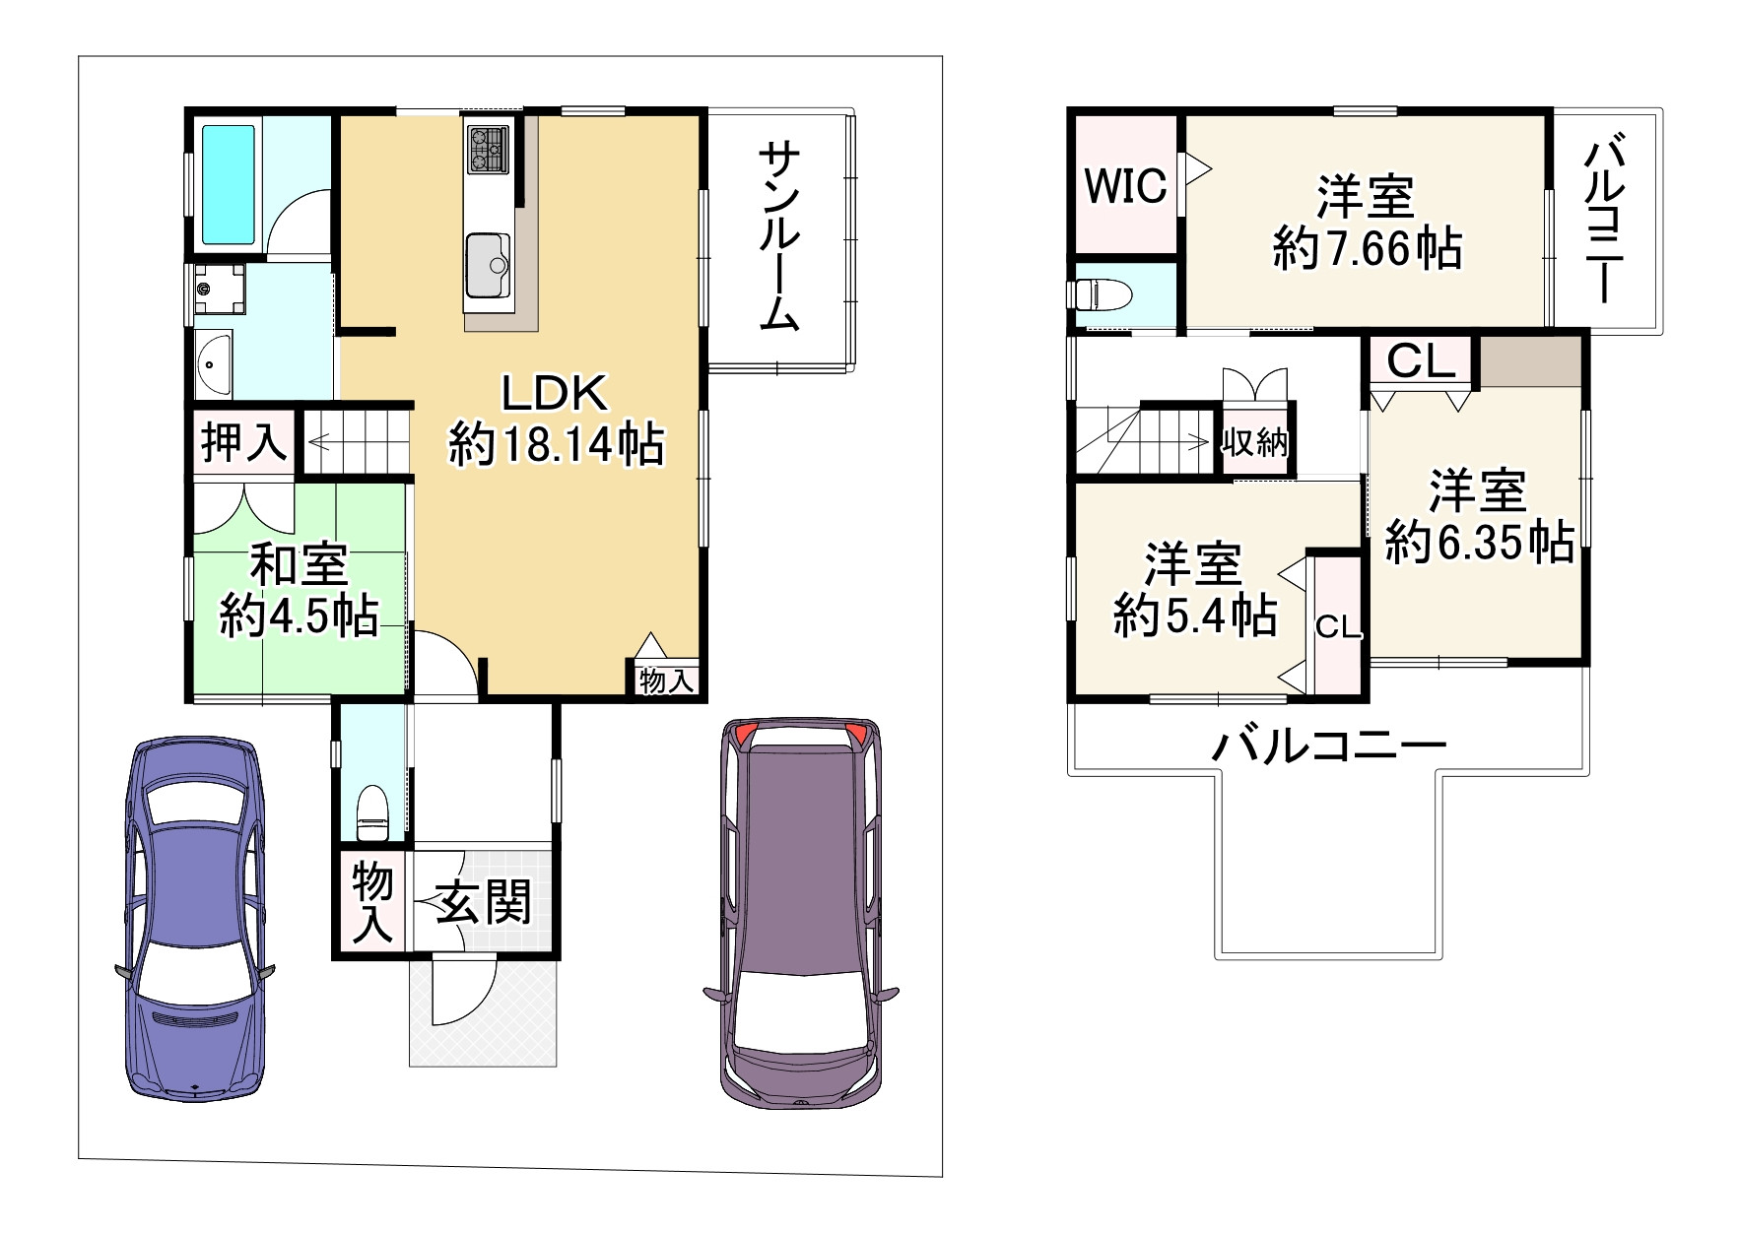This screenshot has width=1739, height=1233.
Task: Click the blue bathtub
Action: [229, 184]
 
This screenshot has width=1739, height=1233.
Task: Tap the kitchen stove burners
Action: [488, 150]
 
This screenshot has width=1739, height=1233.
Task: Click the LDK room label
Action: [555, 394]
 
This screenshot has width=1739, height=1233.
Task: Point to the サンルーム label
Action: [780, 235]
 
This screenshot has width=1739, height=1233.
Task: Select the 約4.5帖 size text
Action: [299, 616]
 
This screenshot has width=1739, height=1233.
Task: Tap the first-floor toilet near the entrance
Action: [371, 810]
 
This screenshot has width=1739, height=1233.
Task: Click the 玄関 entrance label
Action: [484, 902]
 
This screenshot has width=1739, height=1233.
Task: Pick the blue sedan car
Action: [195, 918]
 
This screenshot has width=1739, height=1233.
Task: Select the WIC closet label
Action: [1125, 185]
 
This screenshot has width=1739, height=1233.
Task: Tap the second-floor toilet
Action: [1100, 294]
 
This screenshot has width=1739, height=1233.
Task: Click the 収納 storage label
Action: [1255, 443]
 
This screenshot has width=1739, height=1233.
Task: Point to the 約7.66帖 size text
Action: [1368, 248]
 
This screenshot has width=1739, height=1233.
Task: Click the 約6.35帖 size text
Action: [1480, 542]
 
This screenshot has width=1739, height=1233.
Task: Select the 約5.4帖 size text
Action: [1195, 616]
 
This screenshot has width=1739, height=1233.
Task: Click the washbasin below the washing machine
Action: [213, 363]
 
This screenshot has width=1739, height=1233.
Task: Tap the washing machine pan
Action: [219, 288]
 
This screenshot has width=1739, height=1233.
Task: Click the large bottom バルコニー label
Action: [1329, 746]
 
